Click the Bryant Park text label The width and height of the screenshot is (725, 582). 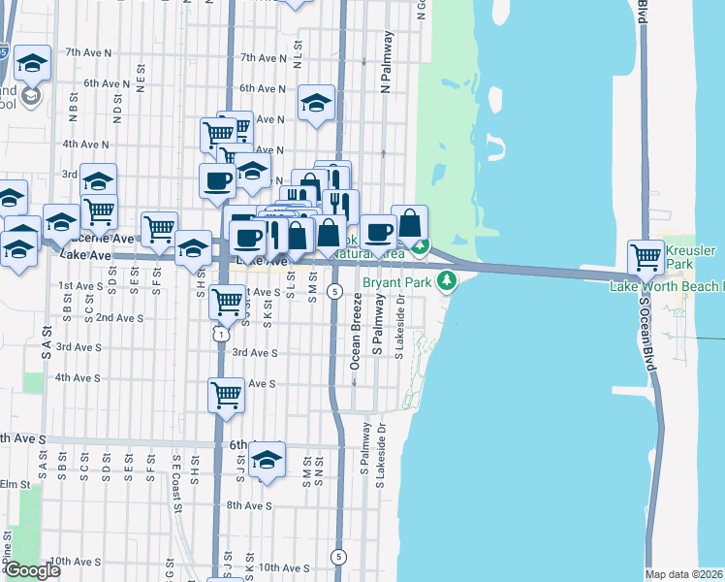pyautogui.click(x=397, y=283)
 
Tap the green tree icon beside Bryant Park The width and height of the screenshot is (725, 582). pyautogui.click(x=447, y=282)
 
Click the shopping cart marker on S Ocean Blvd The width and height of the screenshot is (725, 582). pyautogui.click(x=646, y=257)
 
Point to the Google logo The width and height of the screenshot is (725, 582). pyautogui.click(x=31, y=570)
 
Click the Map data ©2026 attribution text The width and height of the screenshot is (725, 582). pyautogui.click(x=684, y=574)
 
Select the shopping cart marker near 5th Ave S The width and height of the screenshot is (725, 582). pyautogui.click(x=226, y=394)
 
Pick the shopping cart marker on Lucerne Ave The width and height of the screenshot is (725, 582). pyautogui.click(x=159, y=229)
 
